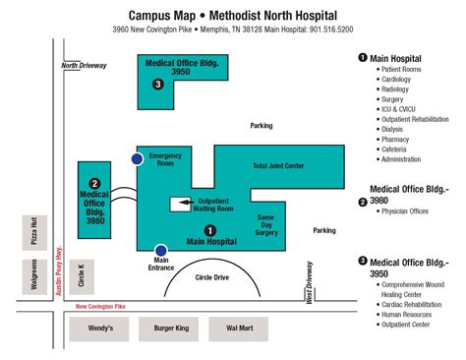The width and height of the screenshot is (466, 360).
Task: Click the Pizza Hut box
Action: click(33, 233)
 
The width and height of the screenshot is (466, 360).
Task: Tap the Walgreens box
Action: click(33, 277)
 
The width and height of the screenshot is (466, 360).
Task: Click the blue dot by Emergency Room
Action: click(138, 158)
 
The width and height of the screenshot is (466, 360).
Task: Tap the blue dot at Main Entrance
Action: click(159, 250)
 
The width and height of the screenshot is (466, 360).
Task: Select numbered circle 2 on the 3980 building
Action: click(94, 183)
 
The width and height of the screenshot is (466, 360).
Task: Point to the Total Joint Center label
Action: click(279, 165)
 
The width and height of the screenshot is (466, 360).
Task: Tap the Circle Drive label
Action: click(212, 277)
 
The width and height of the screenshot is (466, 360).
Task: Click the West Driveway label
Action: click(309, 279)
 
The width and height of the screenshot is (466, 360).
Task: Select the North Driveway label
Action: click(83, 67)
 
